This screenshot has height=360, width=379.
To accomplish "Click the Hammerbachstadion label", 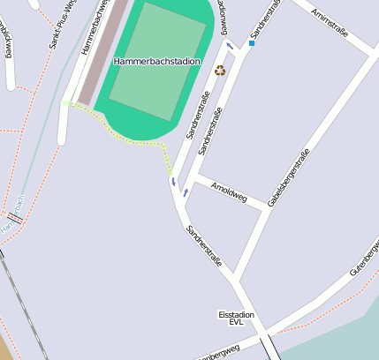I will (157, 62).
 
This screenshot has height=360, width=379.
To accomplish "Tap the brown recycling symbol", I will (220, 70).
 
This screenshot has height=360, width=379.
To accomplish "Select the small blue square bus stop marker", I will (252, 42).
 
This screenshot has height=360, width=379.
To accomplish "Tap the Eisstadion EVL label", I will (236, 319).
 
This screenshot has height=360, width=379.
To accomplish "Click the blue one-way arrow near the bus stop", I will (231, 46).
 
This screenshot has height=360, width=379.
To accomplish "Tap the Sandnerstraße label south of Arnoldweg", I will (203, 246).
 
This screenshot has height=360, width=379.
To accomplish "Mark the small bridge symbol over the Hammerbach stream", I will (14, 216).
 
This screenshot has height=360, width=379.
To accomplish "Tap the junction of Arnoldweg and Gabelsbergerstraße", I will (266, 208).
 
